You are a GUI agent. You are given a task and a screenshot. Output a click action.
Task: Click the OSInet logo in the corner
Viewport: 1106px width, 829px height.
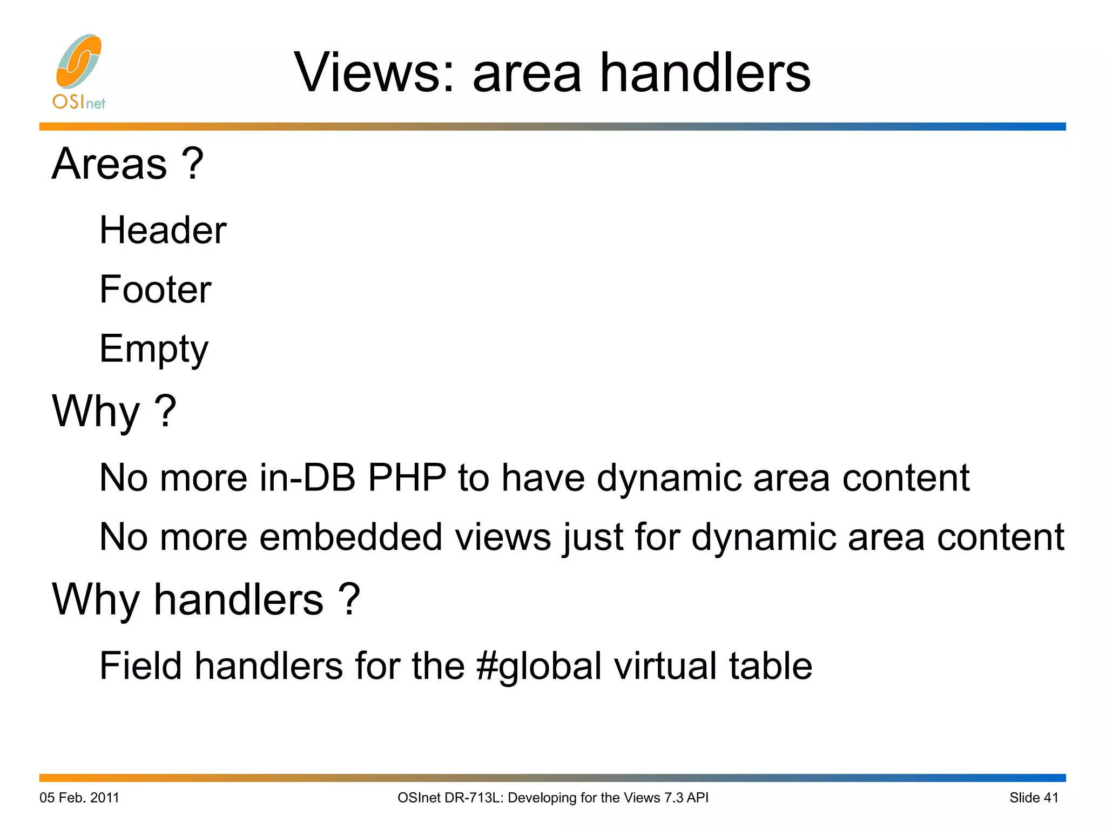79,71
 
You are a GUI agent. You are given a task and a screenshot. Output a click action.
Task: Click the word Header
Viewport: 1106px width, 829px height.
163,231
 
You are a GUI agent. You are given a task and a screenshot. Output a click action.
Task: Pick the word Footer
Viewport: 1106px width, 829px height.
155,289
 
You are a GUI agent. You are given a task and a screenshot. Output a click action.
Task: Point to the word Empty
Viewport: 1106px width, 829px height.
153,349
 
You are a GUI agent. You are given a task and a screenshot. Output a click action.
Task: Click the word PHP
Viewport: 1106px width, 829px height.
407,478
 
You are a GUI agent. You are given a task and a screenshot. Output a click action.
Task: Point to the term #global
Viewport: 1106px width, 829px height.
539,666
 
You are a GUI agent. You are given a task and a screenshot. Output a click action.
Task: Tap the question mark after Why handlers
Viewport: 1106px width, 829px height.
349,599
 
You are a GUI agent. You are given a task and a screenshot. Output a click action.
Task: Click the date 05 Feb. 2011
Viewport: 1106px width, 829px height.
79,798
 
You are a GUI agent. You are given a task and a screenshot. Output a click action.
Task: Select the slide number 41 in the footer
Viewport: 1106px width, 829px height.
1051,798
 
